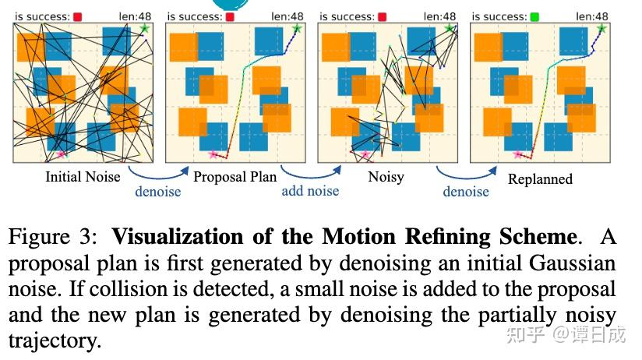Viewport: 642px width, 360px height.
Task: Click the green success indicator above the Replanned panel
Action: click(x=534, y=16)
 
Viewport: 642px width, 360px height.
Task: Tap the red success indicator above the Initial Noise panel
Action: click(x=78, y=16)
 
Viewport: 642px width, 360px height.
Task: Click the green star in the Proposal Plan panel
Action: click(x=296, y=29)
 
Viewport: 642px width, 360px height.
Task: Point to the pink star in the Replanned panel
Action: click(x=517, y=155)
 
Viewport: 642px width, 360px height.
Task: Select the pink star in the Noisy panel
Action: click(x=365, y=155)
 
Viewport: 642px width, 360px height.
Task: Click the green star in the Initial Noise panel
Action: click(x=144, y=29)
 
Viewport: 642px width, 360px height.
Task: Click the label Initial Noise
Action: click(x=83, y=177)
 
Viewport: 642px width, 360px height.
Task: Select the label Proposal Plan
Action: click(x=235, y=177)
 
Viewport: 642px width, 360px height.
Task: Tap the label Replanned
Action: click(x=540, y=179)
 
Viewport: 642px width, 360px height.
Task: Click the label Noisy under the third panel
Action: click(x=386, y=177)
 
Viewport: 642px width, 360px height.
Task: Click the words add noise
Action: click(x=310, y=191)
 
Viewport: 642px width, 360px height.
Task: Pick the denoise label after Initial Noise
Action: click(x=158, y=191)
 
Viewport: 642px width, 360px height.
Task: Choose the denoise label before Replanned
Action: click(x=466, y=191)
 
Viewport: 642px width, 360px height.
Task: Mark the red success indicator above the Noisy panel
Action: click(x=382, y=16)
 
